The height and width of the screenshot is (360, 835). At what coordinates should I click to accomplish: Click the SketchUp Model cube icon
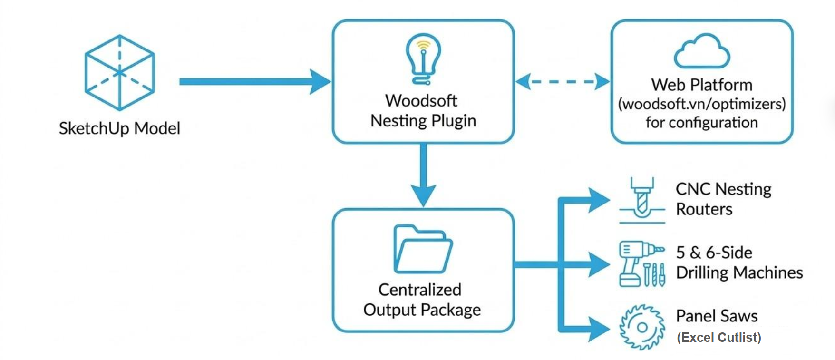pos(119,73)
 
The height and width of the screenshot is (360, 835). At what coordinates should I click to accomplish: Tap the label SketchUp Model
pos(119,128)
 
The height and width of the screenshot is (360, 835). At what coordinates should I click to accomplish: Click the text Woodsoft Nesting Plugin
pos(423,111)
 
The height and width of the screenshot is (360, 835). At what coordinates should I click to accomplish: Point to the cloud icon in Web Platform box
pos(702,51)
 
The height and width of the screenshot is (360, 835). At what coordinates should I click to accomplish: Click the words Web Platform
pos(702,85)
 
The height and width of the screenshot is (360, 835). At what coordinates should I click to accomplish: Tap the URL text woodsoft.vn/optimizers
pos(702,104)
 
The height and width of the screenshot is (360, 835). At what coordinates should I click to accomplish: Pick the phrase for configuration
pos(702,123)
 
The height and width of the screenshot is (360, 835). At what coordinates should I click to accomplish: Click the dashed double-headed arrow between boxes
pos(563,81)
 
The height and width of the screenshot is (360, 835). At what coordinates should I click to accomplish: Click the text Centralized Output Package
pos(422,300)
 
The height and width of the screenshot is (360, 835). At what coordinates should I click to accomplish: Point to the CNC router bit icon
pos(642,200)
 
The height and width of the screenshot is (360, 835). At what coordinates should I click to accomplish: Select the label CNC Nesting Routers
pos(723,199)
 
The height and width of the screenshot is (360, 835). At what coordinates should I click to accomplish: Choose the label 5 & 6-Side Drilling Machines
pos(739,263)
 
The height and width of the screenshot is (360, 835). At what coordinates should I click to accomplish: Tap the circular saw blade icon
pos(642,327)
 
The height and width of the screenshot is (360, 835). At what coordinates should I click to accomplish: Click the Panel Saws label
pos(717,316)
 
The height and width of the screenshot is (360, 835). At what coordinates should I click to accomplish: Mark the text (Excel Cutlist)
pos(718,338)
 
